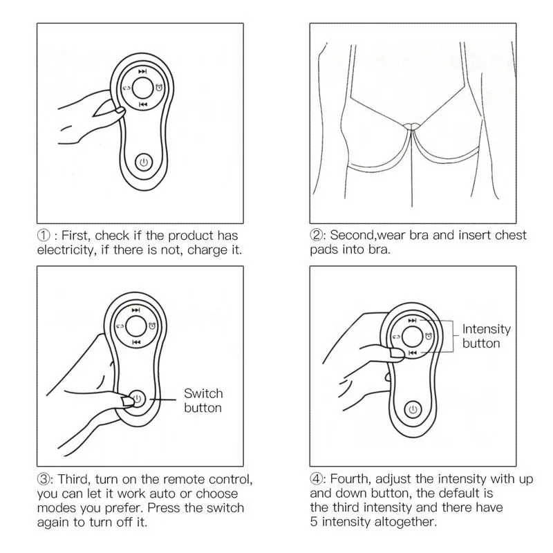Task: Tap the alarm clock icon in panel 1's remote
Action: pyautogui.click(x=160, y=87)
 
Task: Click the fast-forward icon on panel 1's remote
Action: pyautogui.click(x=142, y=71)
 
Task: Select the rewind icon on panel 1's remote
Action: pyautogui.click(x=142, y=105)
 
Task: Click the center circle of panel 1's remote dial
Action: pyautogui.click(x=142, y=88)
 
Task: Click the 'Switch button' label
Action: pyautogui.click(x=203, y=400)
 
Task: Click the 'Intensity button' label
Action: pyautogui.click(x=486, y=336)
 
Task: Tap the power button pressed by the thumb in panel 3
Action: pyautogui.click(x=137, y=399)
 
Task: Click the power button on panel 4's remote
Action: pyautogui.click(x=413, y=409)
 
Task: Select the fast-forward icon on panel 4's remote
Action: pyautogui.click(x=413, y=320)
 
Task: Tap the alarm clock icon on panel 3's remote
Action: pyautogui.click(x=152, y=326)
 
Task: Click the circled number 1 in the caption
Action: pyautogui.click(x=43, y=235)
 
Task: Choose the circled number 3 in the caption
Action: pyautogui.click(x=43, y=479)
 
